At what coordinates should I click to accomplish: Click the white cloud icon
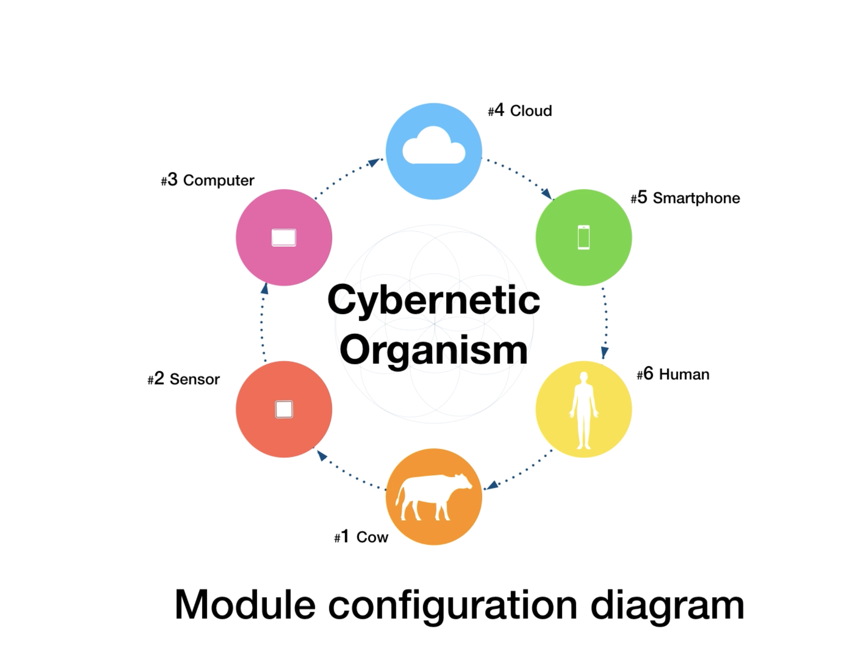tap(434, 147)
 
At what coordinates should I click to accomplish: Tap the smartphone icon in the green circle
tap(583, 237)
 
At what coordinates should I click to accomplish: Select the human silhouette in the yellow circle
tap(583, 410)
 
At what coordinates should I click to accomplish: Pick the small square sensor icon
tap(284, 409)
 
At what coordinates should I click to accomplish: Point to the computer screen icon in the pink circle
tap(284, 237)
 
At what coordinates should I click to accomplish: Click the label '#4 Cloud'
tap(520, 111)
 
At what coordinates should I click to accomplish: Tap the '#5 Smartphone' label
tap(685, 198)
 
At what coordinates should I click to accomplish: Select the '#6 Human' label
tap(673, 374)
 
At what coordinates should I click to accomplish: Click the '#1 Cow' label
tap(361, 537)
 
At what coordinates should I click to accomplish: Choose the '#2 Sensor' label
tap(184, 379)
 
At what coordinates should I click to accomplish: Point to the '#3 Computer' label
tap(207, 180)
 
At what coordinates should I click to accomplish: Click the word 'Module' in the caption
tap(245, 605)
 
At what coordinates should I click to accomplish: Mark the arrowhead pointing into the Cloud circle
tap(374, 162)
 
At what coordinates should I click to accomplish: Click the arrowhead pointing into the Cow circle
tap(492, 485)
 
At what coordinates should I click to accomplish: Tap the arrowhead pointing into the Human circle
tap(604, 352)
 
